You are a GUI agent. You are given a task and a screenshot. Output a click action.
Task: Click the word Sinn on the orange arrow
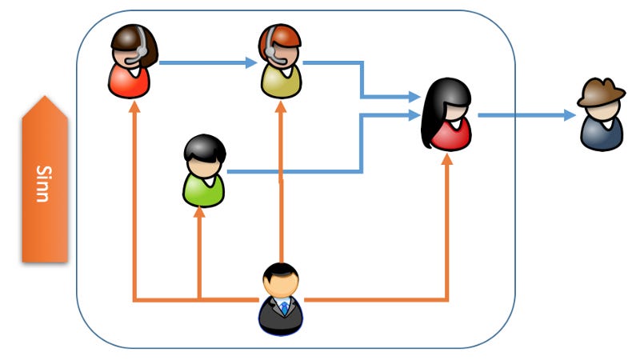(44, 183)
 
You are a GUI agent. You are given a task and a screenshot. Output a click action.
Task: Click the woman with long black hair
(446, 115)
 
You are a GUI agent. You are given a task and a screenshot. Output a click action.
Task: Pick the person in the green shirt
(204, 171)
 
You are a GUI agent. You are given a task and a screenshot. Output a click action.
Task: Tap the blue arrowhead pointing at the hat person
(570, 115)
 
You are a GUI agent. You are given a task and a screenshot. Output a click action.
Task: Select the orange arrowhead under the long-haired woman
(446, 159)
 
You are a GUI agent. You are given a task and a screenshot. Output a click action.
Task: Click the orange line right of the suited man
(376, 300)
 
